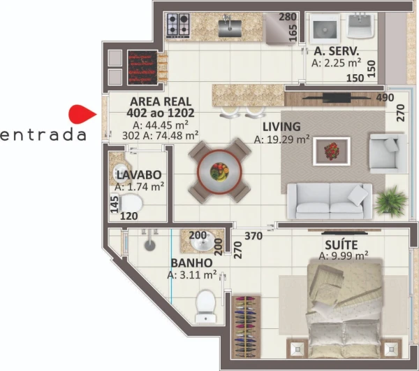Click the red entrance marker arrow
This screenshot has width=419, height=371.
82,114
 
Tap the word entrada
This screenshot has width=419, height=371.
43,135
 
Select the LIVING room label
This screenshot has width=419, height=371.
281,127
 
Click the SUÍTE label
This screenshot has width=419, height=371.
341,245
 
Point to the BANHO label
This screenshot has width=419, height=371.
191,262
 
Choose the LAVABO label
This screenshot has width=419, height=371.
139,175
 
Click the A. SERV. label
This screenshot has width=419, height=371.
337,50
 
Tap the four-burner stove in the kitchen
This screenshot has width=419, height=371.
177,25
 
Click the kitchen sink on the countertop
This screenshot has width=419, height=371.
230,27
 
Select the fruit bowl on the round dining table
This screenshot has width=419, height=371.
219,171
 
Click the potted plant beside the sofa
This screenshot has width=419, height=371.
391,201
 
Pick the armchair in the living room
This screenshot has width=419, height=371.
388,153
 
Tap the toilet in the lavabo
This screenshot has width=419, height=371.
131,203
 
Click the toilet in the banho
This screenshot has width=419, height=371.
205,307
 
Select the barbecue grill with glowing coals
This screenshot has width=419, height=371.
142,67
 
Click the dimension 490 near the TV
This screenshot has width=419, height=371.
385,98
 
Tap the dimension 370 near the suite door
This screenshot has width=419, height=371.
253,236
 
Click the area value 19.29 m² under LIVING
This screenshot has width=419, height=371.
281,139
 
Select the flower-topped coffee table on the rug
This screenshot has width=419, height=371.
332,152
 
